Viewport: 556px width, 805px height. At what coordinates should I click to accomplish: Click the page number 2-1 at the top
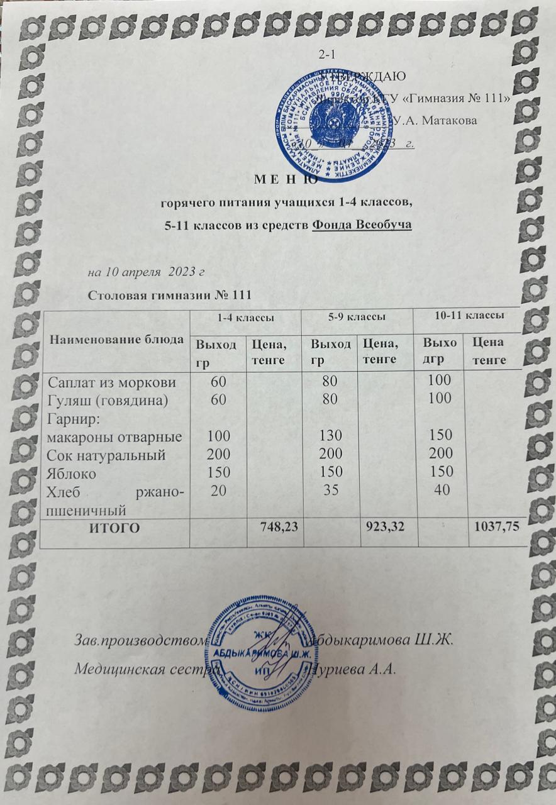point(327,54)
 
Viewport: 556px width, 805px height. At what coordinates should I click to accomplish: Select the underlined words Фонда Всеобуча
point(362,225)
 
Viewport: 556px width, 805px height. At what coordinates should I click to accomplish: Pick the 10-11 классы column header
point(468,314)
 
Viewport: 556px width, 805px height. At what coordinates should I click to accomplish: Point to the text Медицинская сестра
point(146,667)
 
